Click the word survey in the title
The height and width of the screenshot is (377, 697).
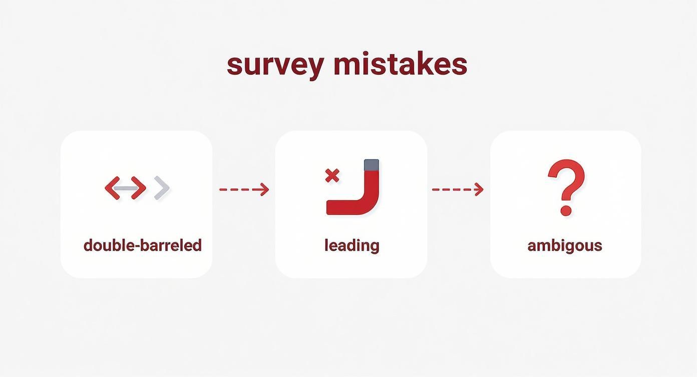(x=275, y=65)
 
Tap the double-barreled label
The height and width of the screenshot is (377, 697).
(x=142, y=245)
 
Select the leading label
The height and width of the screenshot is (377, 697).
(x=352, y=245)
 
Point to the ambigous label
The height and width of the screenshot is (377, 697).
(x=564, y=245)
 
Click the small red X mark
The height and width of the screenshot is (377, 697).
(x=332, y=175)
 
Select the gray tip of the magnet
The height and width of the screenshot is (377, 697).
(x=371, y=165)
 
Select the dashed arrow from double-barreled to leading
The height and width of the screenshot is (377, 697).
(x=244, y=190)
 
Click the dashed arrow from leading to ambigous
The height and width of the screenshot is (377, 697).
(x=457, y=190)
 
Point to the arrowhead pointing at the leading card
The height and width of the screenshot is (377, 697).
(x=263, y=190)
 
